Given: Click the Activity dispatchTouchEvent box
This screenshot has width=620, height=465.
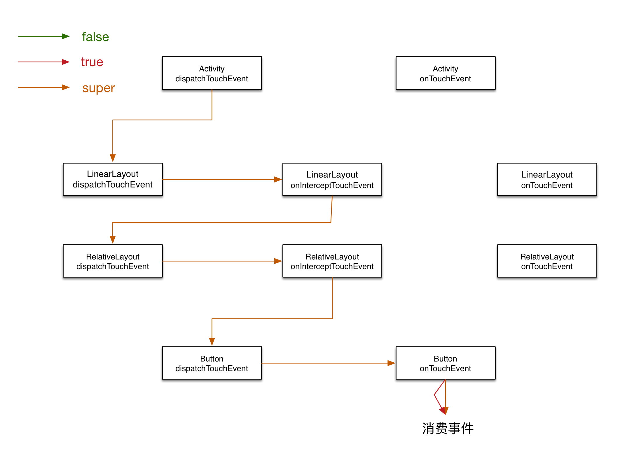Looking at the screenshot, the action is (212, 73).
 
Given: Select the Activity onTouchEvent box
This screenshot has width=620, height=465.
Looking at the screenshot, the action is (446, 73).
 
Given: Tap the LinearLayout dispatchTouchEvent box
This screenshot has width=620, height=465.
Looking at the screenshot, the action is (113, 179).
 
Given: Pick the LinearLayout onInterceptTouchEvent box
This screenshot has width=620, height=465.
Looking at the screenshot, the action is (332, 179).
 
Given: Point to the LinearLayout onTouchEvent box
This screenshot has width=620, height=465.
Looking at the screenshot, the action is (547, 179).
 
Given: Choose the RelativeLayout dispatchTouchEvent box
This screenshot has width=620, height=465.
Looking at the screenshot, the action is (113, 261).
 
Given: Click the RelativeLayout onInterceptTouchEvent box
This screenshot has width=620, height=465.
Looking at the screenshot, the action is (332, 261).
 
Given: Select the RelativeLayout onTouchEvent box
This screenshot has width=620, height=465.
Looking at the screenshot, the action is (547, 261).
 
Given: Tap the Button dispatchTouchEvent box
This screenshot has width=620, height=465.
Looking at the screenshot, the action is (212, 363).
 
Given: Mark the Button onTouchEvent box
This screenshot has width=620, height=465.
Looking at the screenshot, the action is (446, 363).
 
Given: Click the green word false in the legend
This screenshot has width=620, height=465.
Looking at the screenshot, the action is (95, 37).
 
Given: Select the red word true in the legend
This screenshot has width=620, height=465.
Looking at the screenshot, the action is (92, 62).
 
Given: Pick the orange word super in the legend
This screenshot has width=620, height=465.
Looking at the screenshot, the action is (99, 88).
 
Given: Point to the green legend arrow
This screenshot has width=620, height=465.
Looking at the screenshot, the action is (44, 36).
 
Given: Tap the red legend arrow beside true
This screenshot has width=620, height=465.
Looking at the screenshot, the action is (44, 62).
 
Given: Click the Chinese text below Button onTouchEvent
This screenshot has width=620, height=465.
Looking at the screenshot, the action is (448, 429).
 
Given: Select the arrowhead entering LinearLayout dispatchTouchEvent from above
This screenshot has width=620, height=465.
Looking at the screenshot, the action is (113, 158).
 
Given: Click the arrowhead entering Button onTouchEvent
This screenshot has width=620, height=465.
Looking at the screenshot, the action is (391, 363).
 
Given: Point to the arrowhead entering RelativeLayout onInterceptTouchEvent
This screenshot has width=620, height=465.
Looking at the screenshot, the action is (278, 261).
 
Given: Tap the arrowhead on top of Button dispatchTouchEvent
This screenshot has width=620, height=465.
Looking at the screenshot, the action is (212, 342).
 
